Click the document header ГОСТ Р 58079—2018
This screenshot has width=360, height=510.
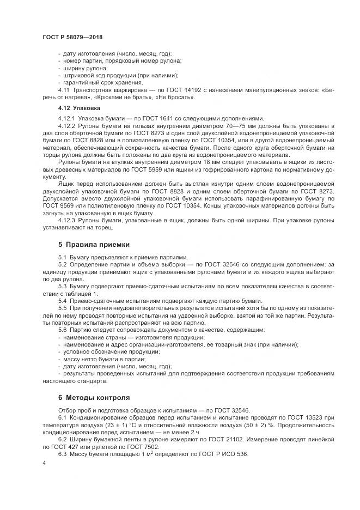[72, 38]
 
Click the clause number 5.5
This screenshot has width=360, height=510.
[62, 308]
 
